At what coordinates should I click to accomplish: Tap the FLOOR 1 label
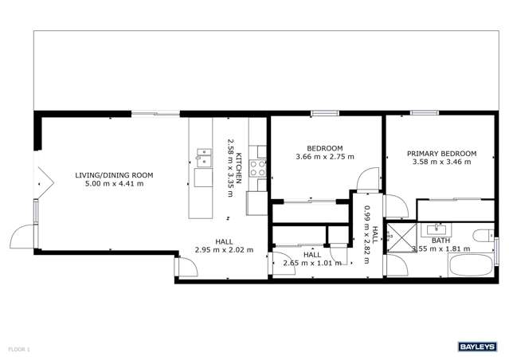coord(18,349)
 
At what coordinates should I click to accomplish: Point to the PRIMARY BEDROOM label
coord(441,154)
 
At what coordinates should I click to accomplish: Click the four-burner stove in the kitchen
coord(258,168)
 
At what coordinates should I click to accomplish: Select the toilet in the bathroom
coord(481,235)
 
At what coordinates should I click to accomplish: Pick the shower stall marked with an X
coord(397,237)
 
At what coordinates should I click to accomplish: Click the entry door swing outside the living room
coord(20,237)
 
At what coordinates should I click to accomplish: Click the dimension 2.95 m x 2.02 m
coord(224,249)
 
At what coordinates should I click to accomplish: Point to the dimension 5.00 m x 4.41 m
coord(114,184)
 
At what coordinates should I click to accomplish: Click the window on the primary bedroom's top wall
coord(423,114)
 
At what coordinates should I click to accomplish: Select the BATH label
coord(440,240)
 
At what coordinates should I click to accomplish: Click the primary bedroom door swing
coord(396,205)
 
